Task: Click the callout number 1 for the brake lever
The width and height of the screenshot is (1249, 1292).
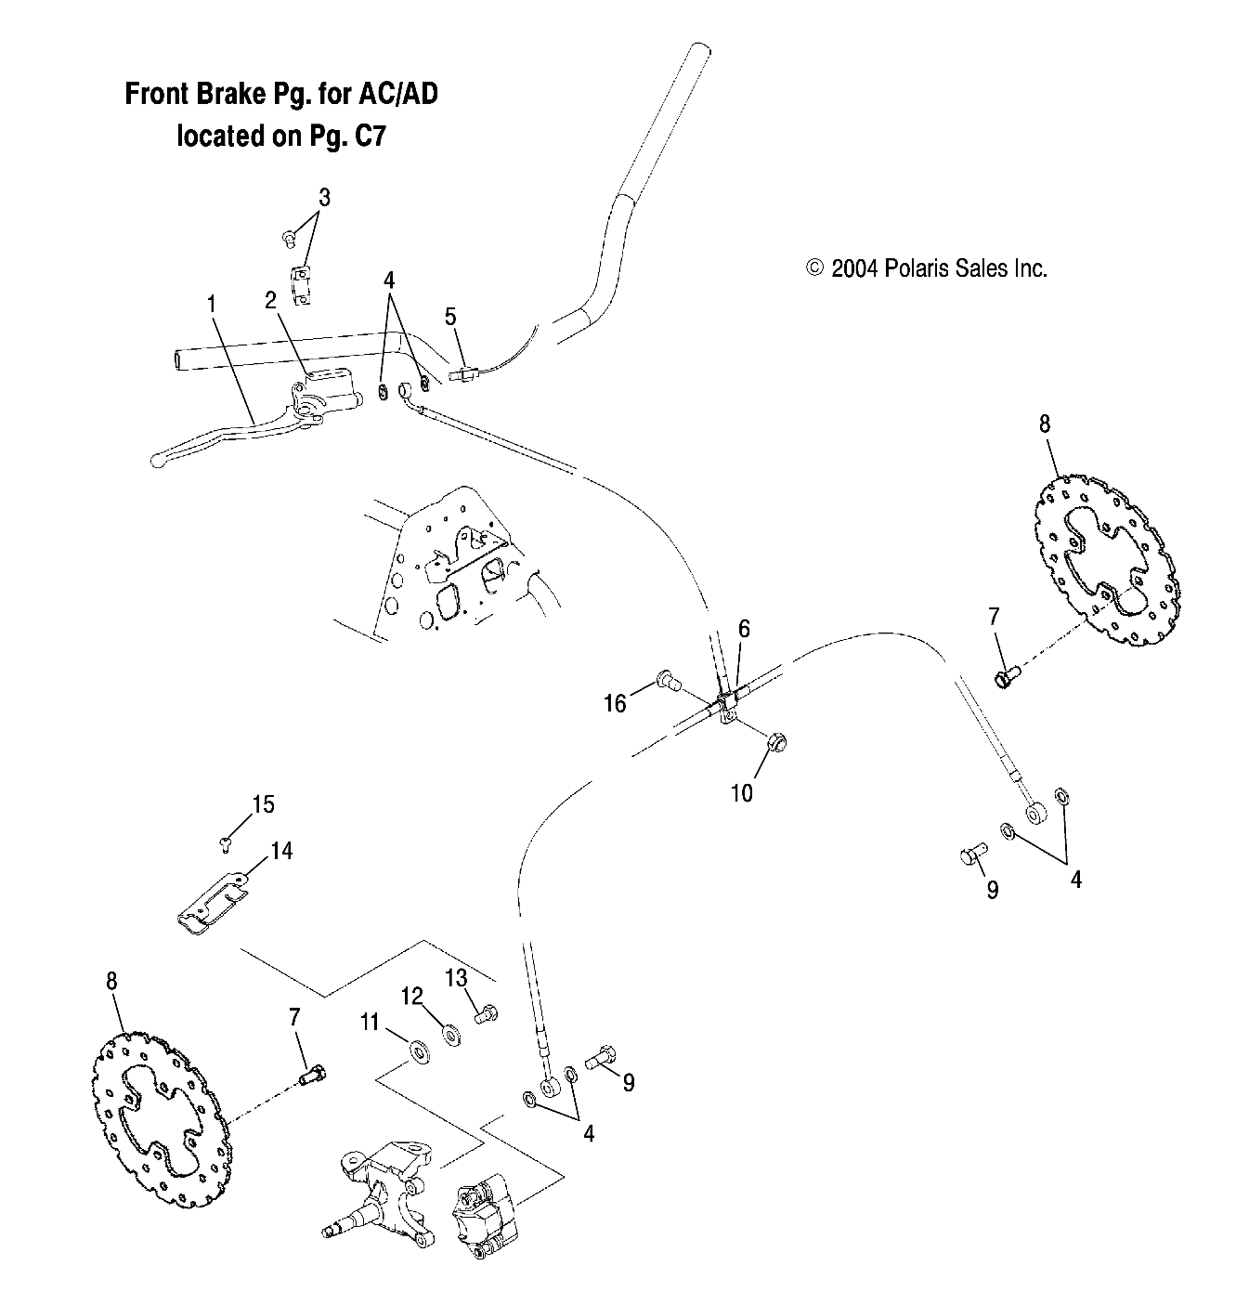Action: tap(212, 303)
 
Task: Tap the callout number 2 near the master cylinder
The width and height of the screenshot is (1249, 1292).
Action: tap(270, 299)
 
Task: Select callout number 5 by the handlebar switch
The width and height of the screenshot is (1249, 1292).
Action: tap(450, 317)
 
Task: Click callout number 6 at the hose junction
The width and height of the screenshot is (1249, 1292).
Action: tap(744, 629)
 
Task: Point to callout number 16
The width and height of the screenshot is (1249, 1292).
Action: tap(616, 703)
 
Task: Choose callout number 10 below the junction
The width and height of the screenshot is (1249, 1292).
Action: tap(742, 792)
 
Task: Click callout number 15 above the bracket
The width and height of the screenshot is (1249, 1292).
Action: tap(264, 803)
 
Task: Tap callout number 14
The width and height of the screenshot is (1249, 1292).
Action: tap(281, 850)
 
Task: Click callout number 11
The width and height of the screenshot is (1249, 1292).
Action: tap(371, 1023)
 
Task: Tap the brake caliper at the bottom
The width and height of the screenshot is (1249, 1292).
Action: tap(484, 1221)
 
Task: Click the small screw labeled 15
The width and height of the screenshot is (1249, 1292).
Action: tap(225, 842)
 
